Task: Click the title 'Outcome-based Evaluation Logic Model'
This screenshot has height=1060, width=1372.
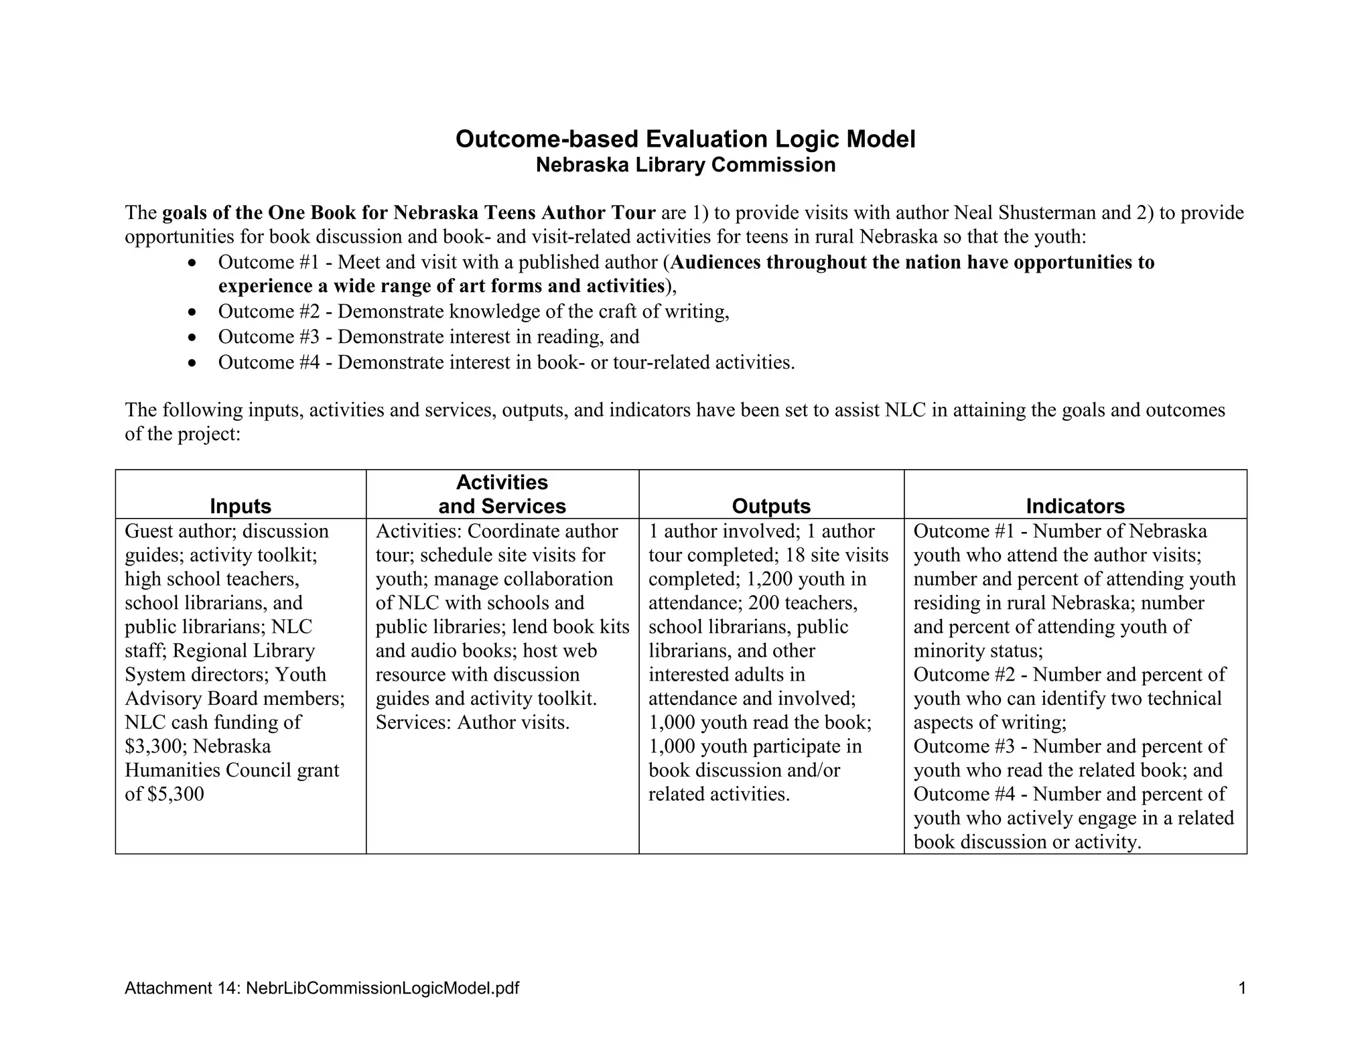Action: point(685,139)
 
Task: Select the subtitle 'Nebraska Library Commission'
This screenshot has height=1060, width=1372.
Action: point(685,165)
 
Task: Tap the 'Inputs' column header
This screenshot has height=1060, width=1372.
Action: point(241,506)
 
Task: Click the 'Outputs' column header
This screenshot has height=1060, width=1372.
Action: point(771,506)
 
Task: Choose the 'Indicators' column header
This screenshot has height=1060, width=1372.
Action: point(1075,506)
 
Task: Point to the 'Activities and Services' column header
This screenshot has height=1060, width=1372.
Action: point(502,494)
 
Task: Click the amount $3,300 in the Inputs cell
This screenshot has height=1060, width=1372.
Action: point(151,746)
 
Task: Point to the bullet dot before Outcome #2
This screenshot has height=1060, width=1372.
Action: point(193,313)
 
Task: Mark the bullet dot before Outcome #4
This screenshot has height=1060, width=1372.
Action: point(193,364)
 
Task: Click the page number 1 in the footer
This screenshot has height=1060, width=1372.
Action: point(1242,988)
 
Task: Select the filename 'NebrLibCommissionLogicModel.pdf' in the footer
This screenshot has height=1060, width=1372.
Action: point(383,988)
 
